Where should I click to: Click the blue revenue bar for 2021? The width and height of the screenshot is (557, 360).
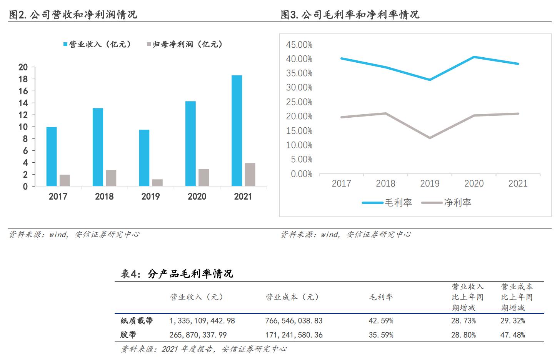[237, 131]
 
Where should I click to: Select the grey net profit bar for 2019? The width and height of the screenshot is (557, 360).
[157, 183]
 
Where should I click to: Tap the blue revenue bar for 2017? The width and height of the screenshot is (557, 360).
[52, 157]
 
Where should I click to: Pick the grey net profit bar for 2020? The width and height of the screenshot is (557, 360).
[203, 178]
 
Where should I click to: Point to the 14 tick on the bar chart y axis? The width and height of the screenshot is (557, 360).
[23, 103]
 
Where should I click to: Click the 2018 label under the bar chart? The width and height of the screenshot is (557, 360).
[104, 197]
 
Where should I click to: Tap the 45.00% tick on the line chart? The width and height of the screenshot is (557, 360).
[299, 45]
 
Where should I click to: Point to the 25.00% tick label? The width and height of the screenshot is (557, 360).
[299, 102]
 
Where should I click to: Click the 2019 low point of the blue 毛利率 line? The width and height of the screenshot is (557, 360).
[429, 80]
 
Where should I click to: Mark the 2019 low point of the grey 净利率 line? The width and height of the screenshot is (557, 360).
[429, 138]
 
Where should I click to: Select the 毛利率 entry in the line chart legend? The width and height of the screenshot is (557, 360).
[387, 203]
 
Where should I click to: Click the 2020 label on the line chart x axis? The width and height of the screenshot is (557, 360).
[474, 183]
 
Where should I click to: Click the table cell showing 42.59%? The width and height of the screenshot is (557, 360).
[381, 321]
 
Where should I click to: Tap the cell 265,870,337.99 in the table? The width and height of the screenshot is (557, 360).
[198, 335]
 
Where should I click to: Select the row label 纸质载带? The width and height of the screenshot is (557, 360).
[137, 321]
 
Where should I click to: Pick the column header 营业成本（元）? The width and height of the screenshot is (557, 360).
[292, 297]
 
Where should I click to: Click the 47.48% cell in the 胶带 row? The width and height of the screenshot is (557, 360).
[513, 335]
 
